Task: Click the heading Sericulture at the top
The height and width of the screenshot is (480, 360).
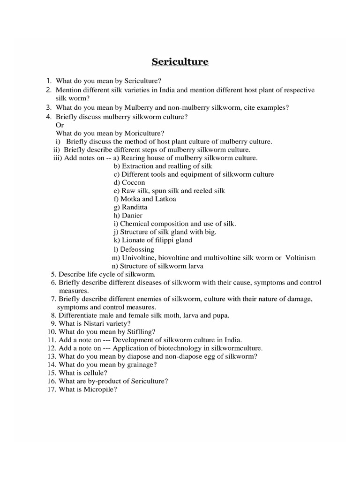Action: point(180,62)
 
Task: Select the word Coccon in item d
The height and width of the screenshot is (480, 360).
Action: point(133,182)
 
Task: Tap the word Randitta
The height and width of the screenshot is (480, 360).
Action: point(135,207)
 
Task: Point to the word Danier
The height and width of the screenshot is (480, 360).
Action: point(133,215)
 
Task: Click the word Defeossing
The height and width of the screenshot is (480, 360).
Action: point(137,249)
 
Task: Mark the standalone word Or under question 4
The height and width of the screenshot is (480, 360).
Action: point(60,125)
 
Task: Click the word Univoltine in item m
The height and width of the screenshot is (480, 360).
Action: point(138,258)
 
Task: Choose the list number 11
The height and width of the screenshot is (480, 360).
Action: point(52,340)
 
